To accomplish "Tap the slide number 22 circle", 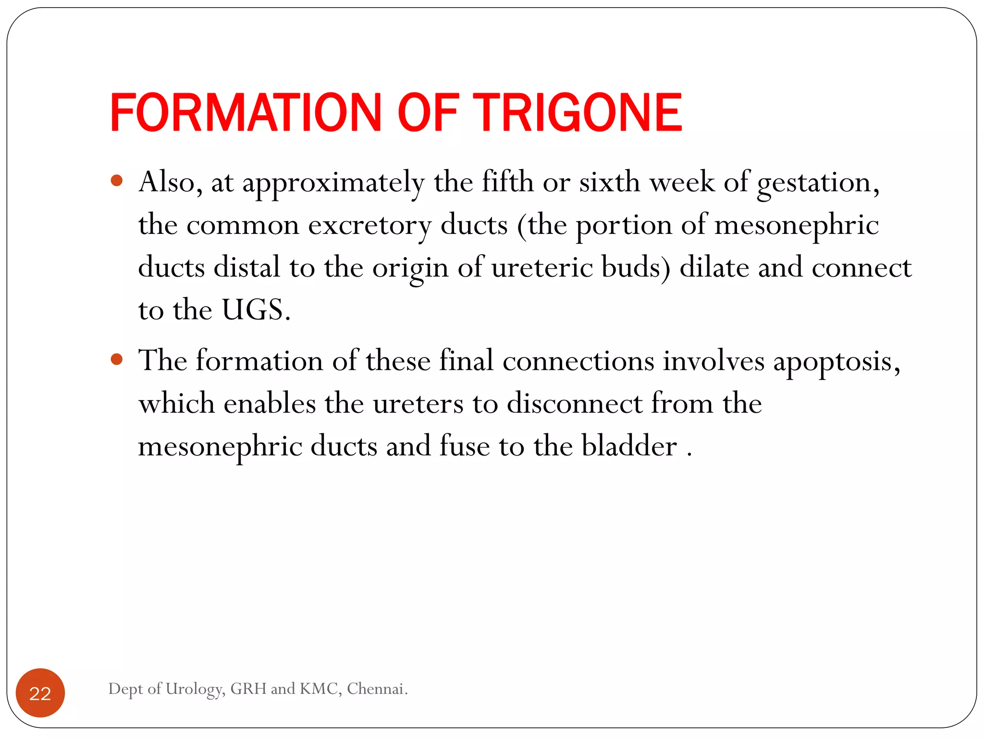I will coord(40,693).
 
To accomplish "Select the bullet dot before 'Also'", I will coord(117,181).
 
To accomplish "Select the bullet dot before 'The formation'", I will coord(117,359).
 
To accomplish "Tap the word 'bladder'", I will coord(629,446).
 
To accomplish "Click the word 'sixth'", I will coord(609,183).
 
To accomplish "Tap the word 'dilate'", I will coord(714,267).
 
